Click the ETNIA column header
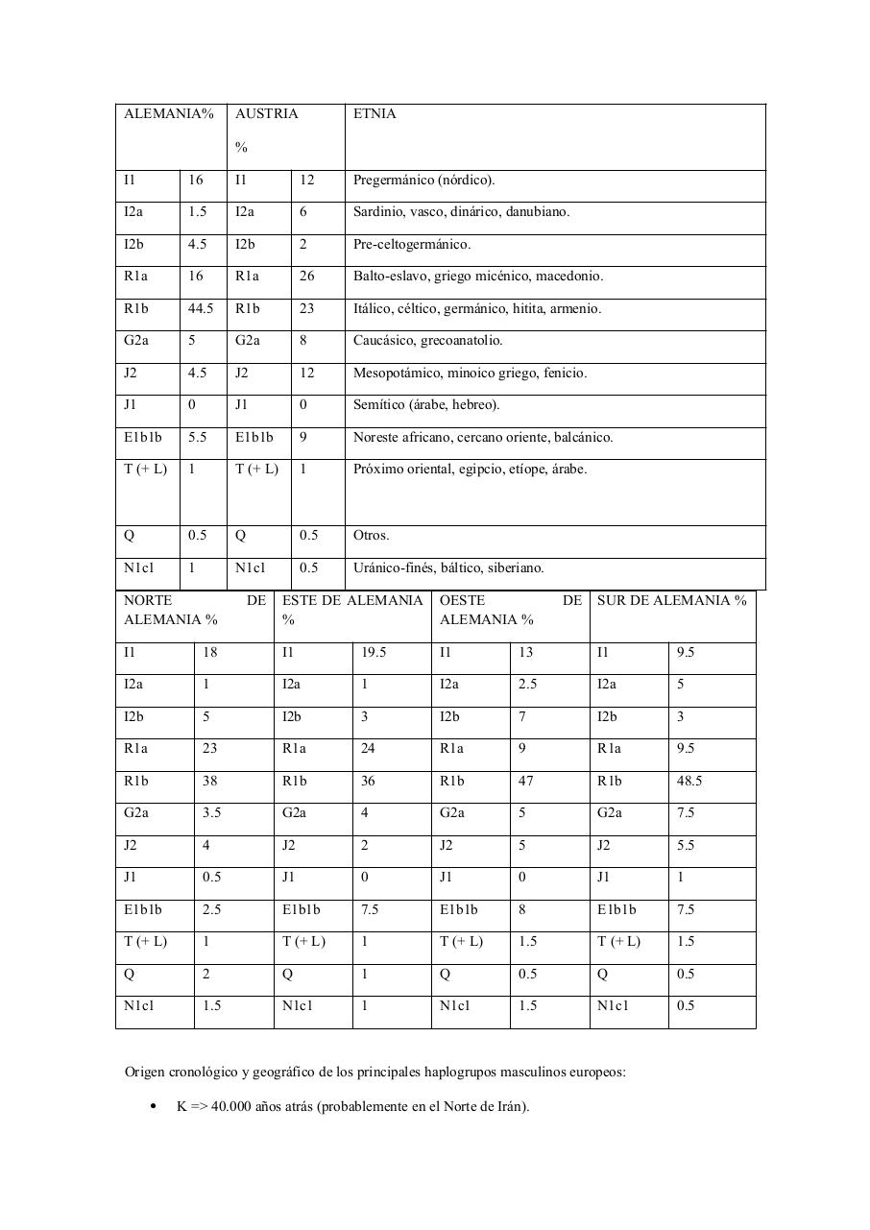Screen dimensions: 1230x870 click(x=375, y=114)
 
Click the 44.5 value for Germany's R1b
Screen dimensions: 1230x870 click(x=201, y=309)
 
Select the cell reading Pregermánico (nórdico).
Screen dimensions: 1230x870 click(x=424, y=181)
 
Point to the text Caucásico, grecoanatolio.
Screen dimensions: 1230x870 click(x=428, y=341)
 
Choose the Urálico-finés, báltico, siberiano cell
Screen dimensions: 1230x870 click(x=448, y=568)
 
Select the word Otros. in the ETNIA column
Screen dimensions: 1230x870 click(x=372, y=536)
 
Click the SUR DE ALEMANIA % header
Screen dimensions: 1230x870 click(x=671, y=601)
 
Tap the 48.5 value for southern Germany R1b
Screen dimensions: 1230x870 click(x=689, y=782)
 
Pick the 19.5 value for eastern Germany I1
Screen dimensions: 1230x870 click(x=374, y=653)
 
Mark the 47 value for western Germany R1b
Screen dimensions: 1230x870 click(x=525, y=782)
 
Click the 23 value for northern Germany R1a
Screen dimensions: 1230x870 click(x=210, y=749)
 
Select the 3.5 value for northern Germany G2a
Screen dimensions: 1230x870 click(x=212, y=813)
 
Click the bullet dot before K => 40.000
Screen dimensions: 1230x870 click(x=154, y=1107)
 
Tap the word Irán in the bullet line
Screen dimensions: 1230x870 click(x=511, y=1106)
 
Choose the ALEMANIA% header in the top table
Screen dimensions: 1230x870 click(x=169, y=114)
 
